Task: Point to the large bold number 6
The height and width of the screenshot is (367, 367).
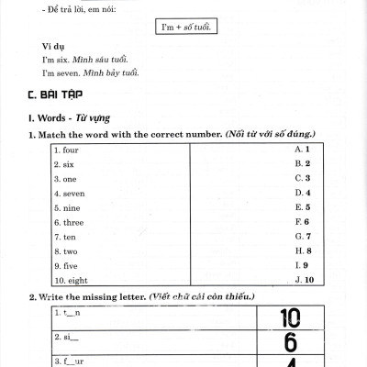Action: pos(290,342)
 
